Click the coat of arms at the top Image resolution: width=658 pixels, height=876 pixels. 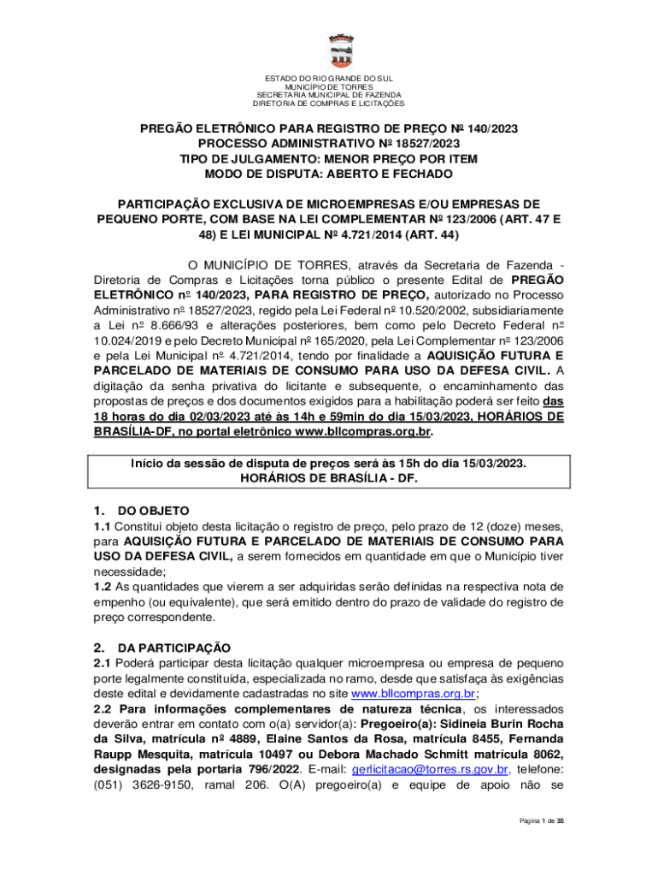(329, 47)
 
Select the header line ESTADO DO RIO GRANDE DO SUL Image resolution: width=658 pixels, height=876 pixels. (329, 78)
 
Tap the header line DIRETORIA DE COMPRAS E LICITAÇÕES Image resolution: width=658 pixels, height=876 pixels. (329, 104)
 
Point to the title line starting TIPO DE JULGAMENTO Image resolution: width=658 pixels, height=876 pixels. (329, 158)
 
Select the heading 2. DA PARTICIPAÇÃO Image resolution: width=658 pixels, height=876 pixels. (162, 647)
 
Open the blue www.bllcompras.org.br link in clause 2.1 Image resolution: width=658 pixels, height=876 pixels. (414, 694)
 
